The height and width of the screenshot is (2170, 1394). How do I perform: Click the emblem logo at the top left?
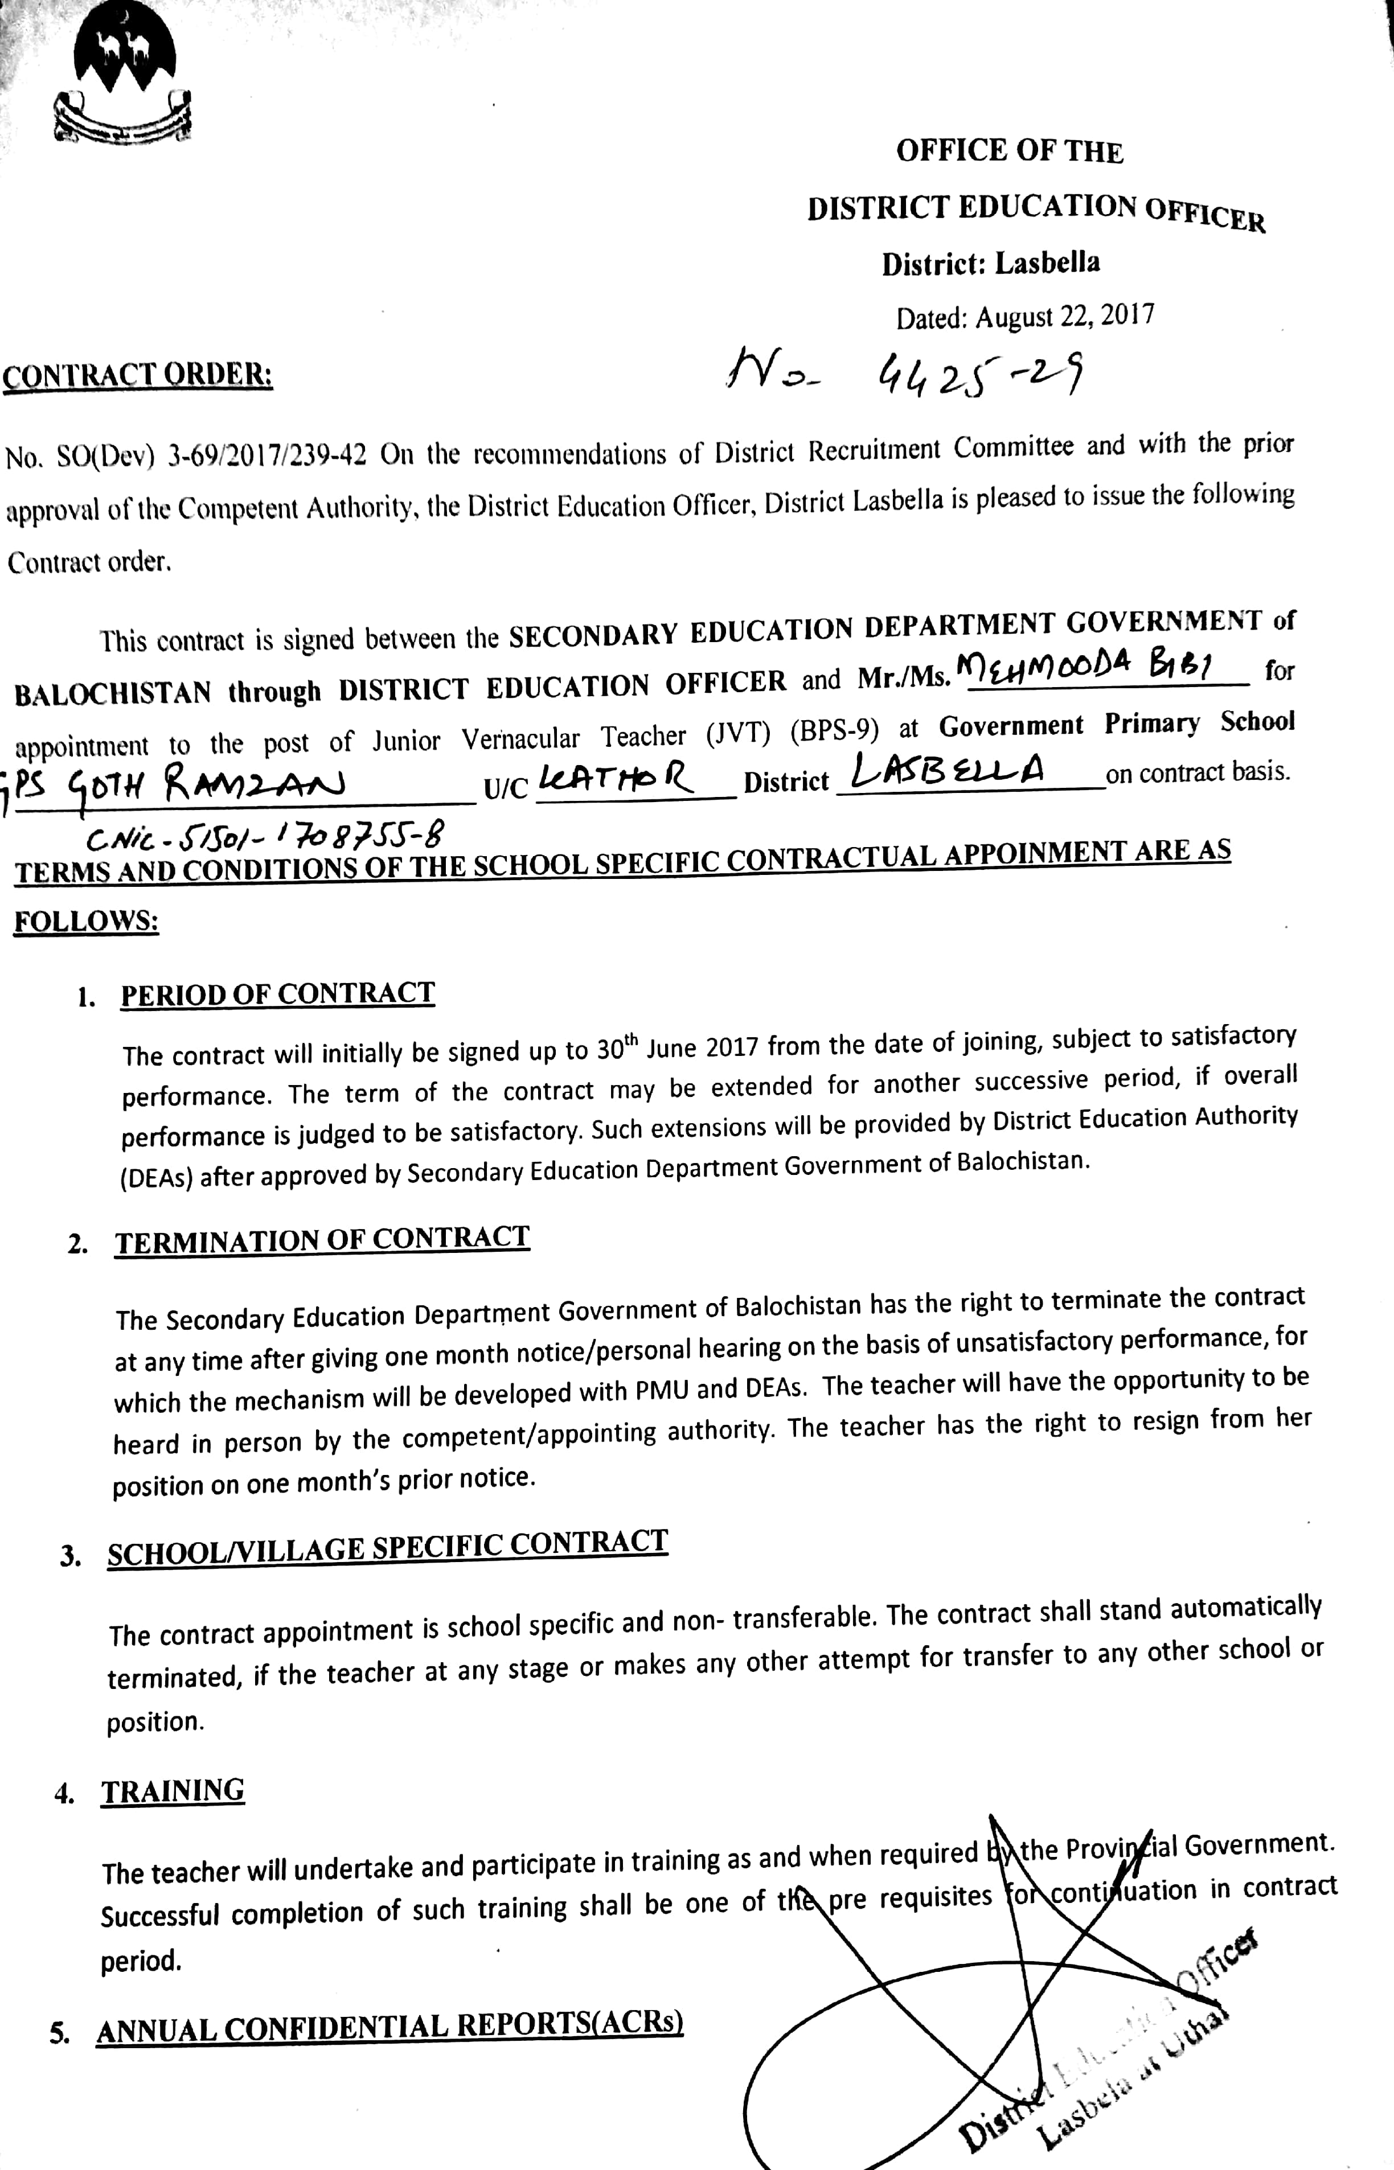124,77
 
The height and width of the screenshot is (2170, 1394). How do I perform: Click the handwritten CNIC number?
267,835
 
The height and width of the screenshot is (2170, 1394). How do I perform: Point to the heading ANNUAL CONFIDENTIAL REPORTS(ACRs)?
389,2027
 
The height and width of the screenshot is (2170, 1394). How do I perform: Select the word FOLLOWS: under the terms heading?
87,922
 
